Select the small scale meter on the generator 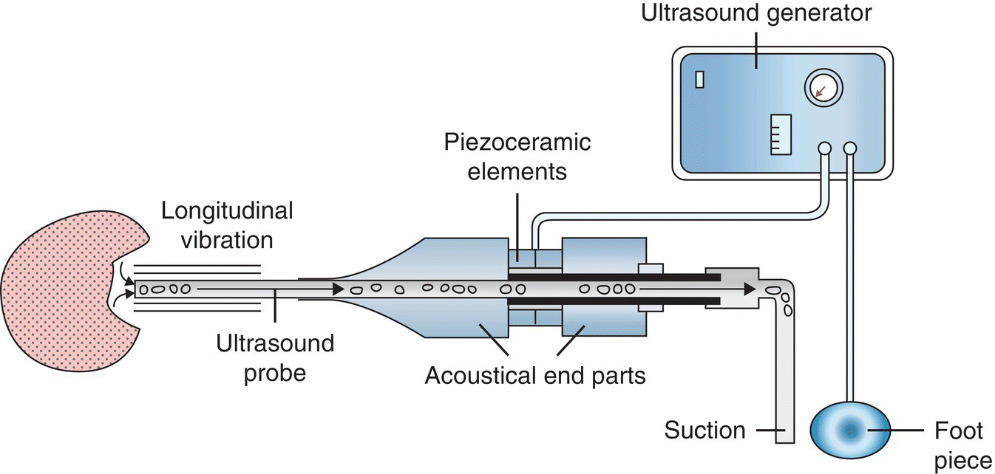(x=781, y=134)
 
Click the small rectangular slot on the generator (x=702, y=78)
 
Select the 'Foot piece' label (x=961, y=443)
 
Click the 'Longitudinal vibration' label (x=227, y=225)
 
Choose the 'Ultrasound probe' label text (x=275, y=358)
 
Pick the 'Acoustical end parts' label (x=535, y=376)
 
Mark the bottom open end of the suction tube (x=784, y=441)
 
